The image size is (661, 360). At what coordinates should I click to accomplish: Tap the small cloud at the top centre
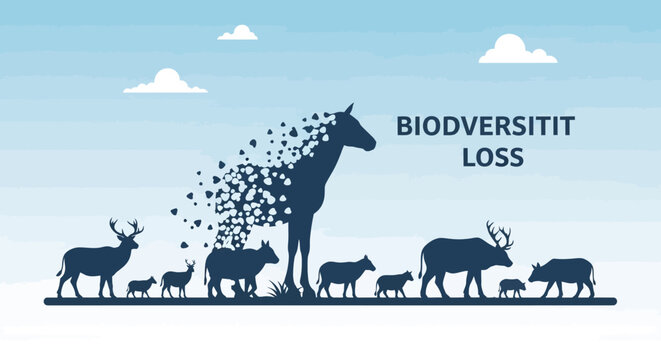(238, 33)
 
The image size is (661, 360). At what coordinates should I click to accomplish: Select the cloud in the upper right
(516, 50)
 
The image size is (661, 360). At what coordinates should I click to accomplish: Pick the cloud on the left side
(166, 82)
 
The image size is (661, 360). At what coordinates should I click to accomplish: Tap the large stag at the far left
(94, 262)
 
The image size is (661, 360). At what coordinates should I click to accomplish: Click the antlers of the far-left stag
(126, 229)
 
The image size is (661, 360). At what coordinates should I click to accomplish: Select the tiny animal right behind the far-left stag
(141, 286)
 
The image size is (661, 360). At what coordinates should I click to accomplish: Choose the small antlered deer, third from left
(178, 278)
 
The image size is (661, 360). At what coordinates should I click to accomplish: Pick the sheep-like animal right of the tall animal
(344, 272)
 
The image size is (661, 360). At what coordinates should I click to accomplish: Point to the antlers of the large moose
(499, 235)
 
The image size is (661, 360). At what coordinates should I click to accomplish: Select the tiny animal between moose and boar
(512, 288)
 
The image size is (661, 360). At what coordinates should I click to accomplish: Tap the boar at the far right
(562, 273)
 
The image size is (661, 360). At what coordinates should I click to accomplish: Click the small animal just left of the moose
(394, 283)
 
